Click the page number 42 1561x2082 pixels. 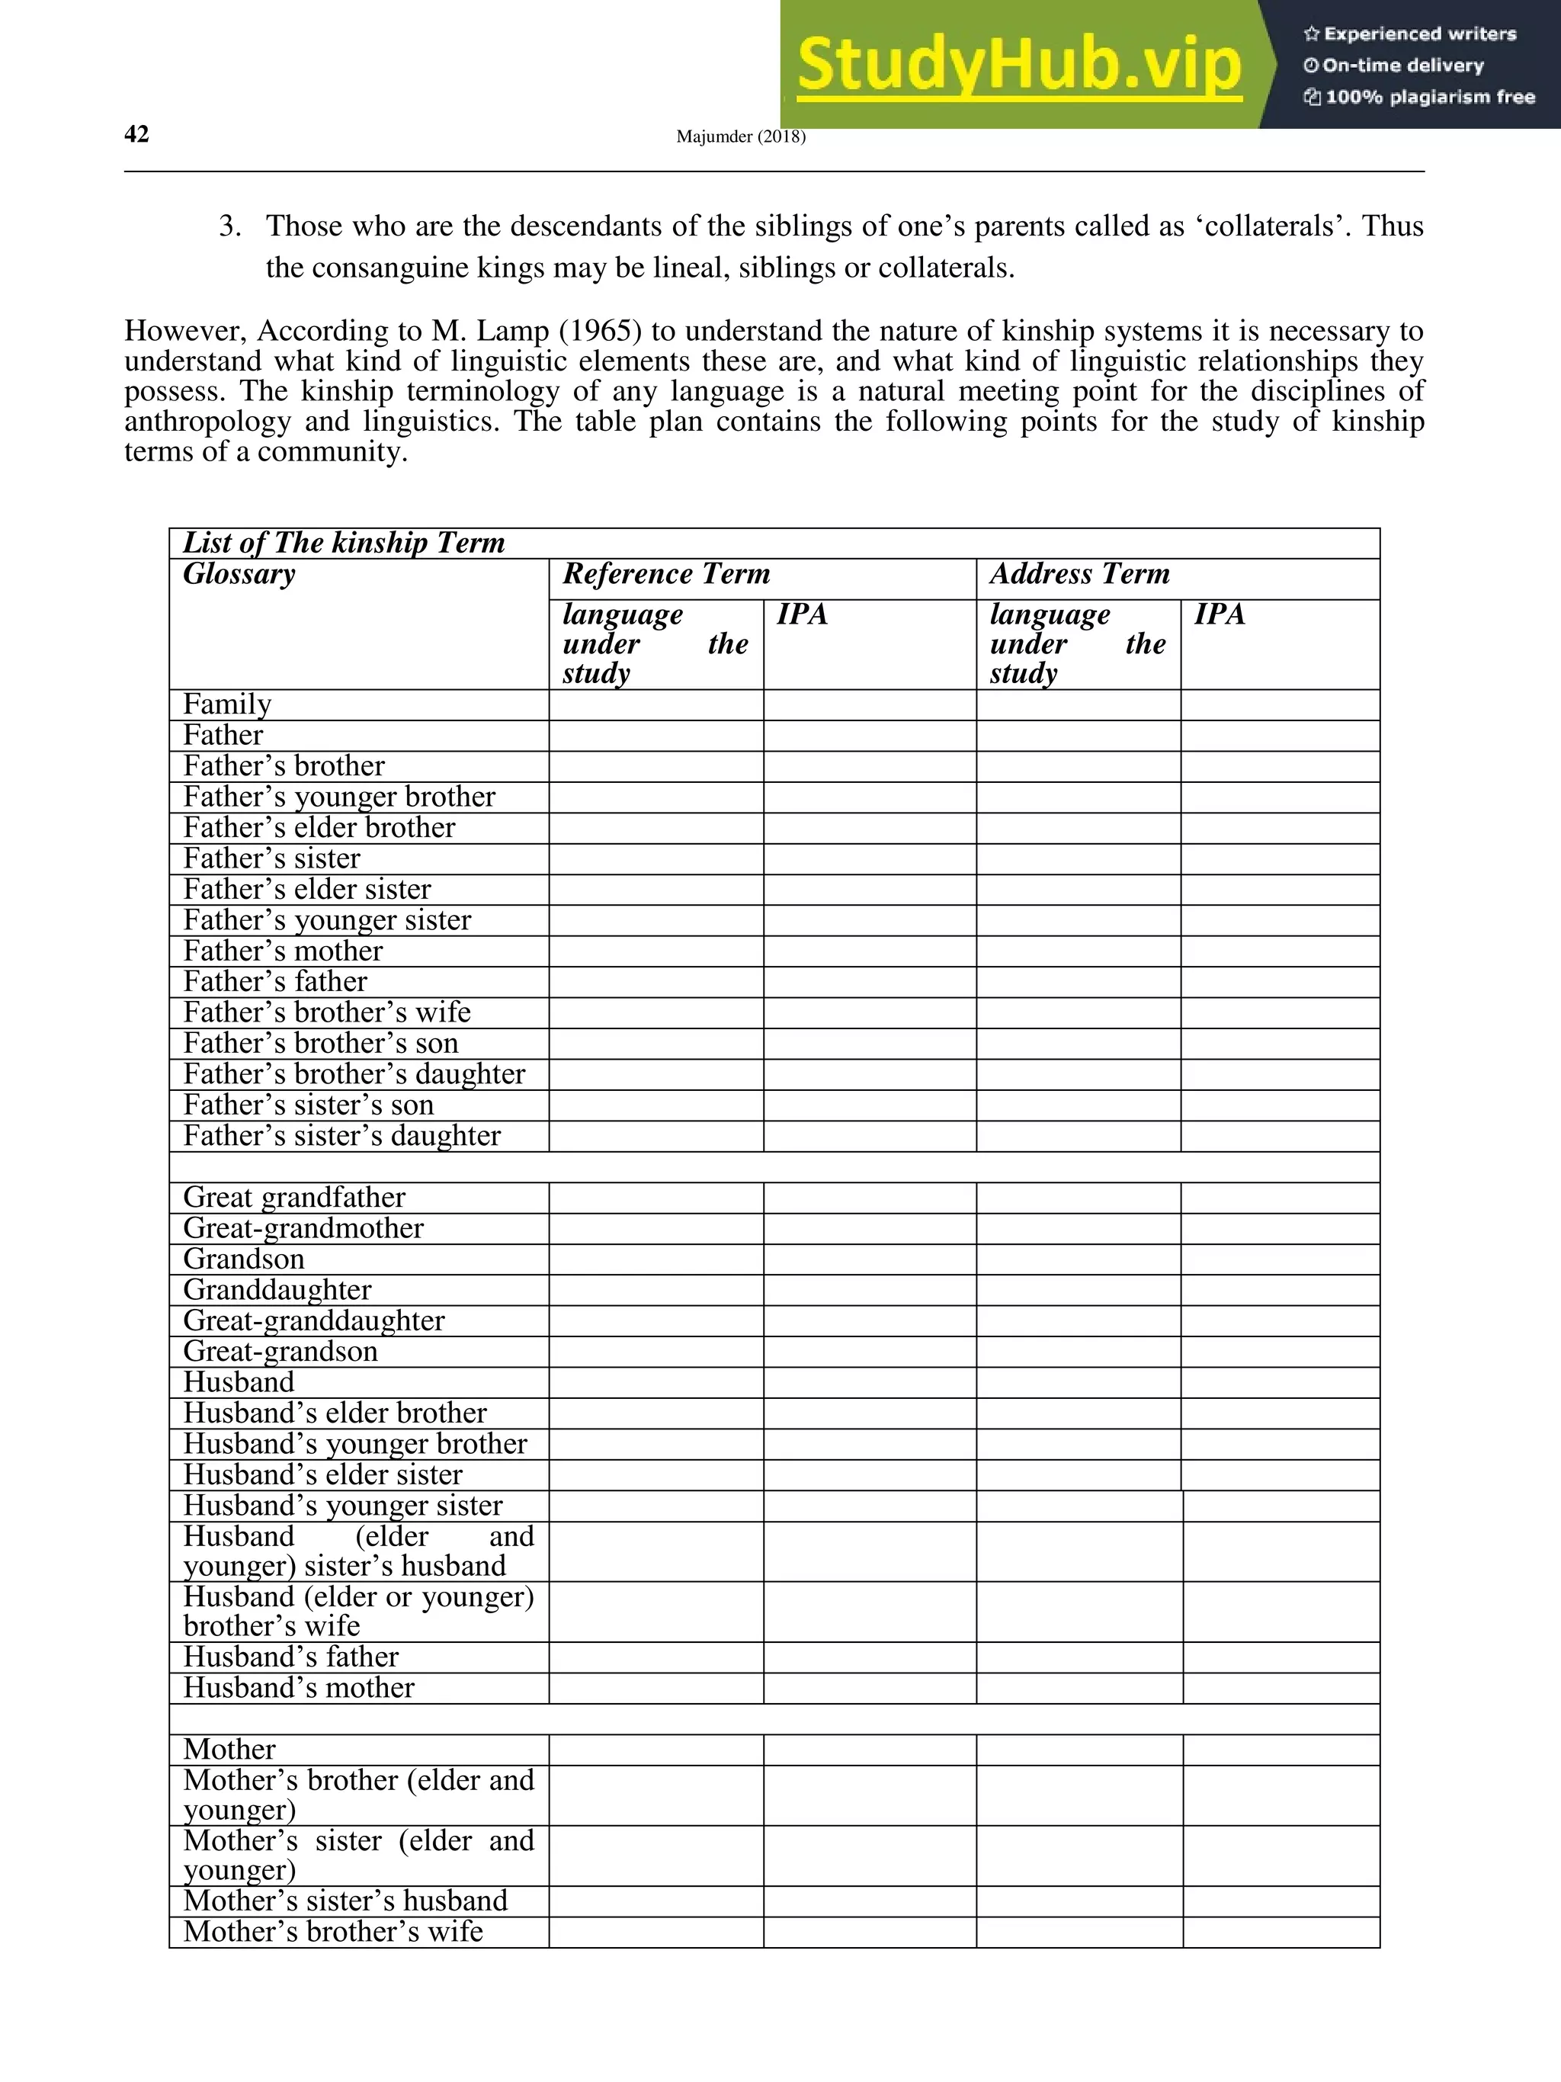[136, 135]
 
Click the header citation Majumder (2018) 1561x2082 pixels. [741, 137]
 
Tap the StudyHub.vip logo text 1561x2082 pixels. [1019, 65]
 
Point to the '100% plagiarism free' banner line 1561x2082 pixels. [1420, 97]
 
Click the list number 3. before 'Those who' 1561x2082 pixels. [229, 227]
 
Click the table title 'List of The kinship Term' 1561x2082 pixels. [344, 543]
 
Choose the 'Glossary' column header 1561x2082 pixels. [239, 574]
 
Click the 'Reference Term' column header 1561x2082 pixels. [666, 574]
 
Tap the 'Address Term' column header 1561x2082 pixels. [1079, 574]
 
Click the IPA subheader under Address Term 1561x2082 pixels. [1220, 614]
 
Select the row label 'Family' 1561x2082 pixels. [227, 705]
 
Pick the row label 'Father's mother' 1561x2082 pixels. [282, 951]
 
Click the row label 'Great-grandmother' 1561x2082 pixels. [303, 1228]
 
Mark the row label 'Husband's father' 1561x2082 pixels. [290, 1657]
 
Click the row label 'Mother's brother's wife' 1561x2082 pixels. [332, 1933]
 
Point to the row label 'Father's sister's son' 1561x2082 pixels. [308, 1105]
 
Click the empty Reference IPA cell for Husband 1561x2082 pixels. [870, 1383]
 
